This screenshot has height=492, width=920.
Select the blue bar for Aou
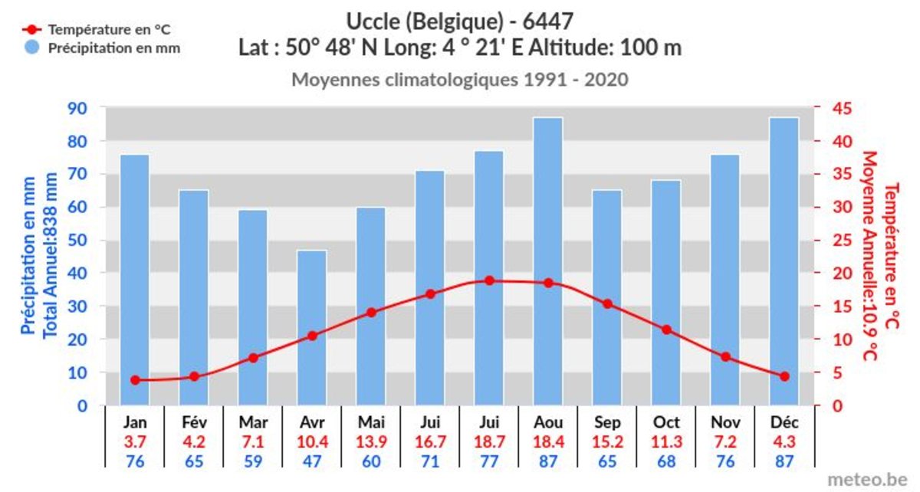[548, 261]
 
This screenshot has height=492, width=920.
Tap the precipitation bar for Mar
[253, 307]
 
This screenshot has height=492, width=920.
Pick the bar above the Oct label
[666, 291]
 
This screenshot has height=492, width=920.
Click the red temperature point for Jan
[136, 380]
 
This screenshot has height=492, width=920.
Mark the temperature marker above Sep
[607, 304]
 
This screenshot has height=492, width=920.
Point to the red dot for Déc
[784, 376]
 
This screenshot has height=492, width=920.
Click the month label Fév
[194, 422]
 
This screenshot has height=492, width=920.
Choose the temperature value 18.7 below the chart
[489, 441]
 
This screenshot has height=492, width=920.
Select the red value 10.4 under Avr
[312, 441]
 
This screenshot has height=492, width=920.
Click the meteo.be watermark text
[867, 478]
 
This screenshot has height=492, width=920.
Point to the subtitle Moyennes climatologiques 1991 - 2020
[460, 80]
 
